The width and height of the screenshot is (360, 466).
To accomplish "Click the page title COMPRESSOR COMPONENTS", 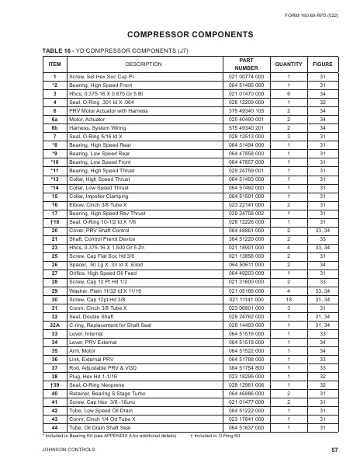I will click(x=179, y=35).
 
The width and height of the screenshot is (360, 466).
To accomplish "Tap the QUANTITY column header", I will click(x=289, y=64).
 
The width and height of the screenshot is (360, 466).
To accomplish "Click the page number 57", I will click(x=334, y=450).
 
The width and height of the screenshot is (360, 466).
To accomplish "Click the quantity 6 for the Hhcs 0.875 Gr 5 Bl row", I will click(x=289, y=92).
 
